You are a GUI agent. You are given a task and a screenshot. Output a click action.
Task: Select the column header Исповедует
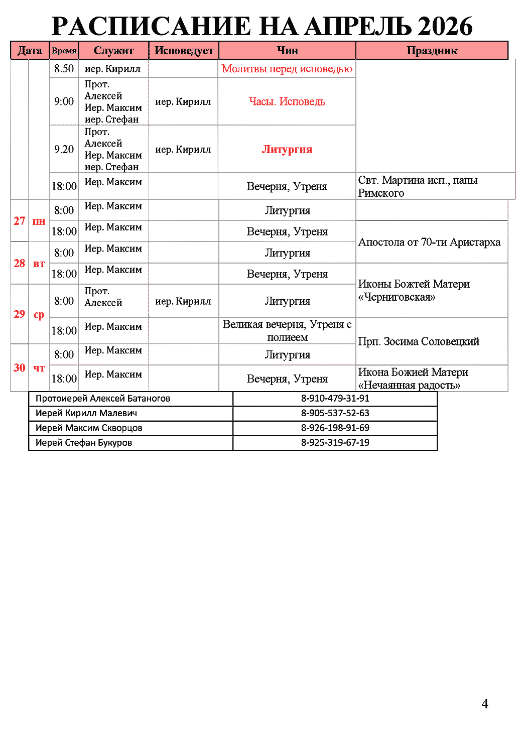[x=184, y=51]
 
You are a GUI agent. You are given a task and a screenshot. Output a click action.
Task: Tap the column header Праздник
[x=432, y=51]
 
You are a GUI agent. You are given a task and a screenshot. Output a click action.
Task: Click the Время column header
[x=64, y=51]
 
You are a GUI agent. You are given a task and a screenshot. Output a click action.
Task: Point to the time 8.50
[x=64, y=69]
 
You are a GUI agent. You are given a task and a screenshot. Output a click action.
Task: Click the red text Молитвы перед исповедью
[x=287, y=69]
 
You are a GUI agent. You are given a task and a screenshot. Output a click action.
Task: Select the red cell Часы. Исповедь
[x=287, y=101]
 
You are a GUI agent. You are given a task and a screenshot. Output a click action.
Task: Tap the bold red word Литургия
[x=287, y=150]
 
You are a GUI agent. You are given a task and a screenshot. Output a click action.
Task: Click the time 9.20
[x=64, y=150]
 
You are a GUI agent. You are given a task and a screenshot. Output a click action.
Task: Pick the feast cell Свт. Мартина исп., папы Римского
[x=418, y=186]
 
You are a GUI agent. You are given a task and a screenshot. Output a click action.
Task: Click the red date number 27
[x=20, y=221]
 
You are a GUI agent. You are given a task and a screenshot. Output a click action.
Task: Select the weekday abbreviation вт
[x=39, y=264]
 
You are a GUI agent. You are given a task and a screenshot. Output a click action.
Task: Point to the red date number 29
[x=20, y=314]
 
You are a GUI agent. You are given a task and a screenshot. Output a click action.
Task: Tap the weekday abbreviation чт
[x=39, y=368]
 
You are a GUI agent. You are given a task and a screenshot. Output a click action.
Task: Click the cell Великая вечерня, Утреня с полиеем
[x=287, y=331]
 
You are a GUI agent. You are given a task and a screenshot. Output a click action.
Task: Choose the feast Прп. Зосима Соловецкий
[x=419, y=342]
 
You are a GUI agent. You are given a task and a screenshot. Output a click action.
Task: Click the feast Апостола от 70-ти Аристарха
[x=429, y=242]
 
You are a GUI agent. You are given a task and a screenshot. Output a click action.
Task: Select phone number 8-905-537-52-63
[x=335, y=413]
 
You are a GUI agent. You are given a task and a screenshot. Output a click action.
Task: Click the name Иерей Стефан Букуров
[x=84, y=443]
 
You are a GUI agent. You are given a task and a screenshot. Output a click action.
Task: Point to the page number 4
[x=485, y=704]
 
